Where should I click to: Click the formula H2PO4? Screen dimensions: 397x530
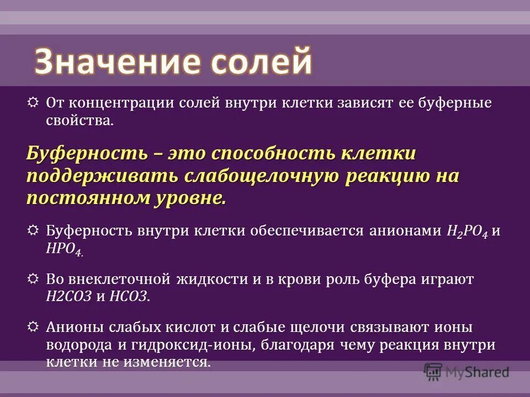[x=466, y=231]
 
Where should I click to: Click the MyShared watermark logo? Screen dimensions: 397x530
[x=467, y=372]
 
